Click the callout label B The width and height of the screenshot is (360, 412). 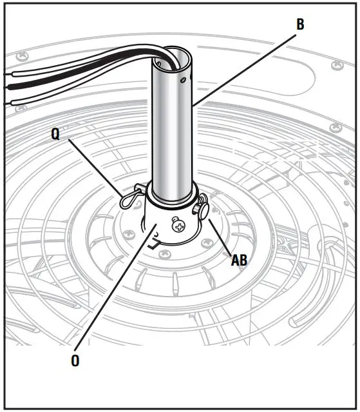pyautogui.click(x=300, y=25)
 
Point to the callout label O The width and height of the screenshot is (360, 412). pyautogui.click(x=76, y=360)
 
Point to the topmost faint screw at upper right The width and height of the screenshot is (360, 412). pyautogui.click(x=335, y=65)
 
